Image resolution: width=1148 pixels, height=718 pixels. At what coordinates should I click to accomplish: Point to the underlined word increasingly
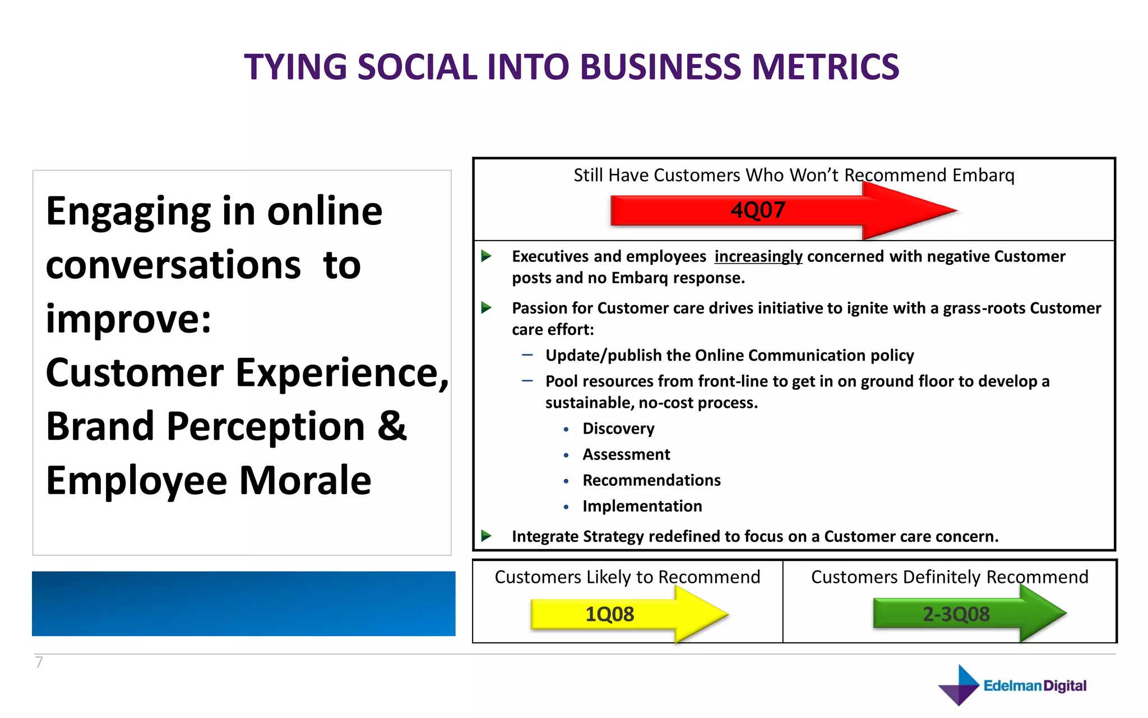click(758, 256)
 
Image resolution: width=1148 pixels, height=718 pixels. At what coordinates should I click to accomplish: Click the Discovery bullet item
click(618, 429)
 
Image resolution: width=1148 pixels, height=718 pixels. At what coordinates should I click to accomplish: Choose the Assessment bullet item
click(626, 454)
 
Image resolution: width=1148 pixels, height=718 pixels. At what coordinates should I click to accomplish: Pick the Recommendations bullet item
click(651, 480)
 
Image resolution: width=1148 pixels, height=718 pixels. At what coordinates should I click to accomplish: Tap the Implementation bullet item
click(642, 506)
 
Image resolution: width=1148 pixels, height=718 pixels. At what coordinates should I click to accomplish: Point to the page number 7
click(39, 662)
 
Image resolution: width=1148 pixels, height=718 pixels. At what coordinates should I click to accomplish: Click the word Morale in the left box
click(305, 481)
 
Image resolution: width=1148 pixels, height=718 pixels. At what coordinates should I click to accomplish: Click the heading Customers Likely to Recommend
click(627, 577)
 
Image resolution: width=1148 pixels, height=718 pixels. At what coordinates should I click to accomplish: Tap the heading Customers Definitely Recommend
click(950, 577)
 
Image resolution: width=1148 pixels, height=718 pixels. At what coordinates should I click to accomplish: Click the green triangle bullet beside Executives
click(486, 256)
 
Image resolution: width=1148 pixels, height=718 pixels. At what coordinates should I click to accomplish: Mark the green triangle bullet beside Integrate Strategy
click(486, 536)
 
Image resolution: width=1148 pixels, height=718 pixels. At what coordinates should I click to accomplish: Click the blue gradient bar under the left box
click(243, 604)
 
